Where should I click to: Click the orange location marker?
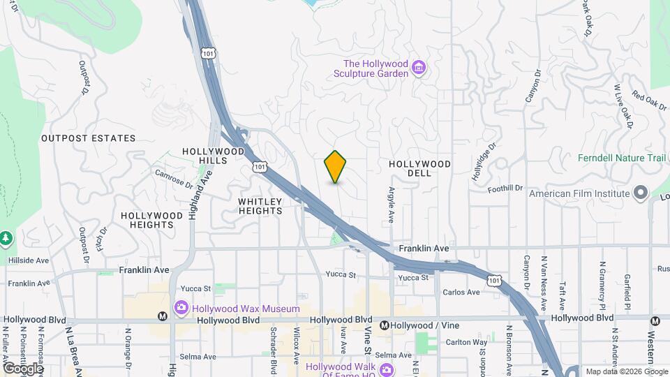point(335,166)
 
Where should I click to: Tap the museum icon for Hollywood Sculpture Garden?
point(418,68)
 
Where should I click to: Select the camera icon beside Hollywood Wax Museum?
point(181,308)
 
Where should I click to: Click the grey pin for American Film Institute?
point(641,193)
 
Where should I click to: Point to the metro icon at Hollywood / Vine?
point(384,325)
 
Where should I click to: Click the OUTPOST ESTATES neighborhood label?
point(88,138)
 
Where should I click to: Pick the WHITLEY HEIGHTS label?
point(260,206)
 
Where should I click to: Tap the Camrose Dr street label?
point(173,179)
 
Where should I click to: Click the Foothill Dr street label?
point(505,188)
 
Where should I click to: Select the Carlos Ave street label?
point(461,292)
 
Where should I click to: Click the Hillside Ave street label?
point(27,260)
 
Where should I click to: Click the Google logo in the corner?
point(22,368)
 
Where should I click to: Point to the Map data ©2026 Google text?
point(625,371)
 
